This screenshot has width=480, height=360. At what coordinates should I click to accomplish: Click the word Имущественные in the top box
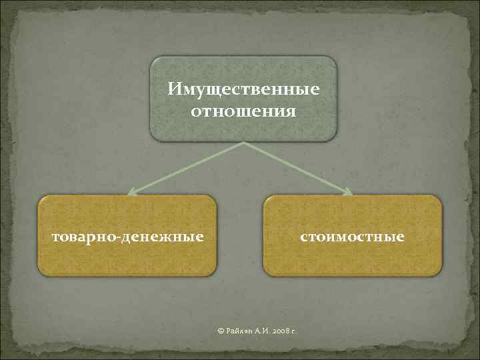[243, 89]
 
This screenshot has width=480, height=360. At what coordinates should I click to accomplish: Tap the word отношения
[243, 109]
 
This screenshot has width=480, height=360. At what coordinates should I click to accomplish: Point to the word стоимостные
[352, 237]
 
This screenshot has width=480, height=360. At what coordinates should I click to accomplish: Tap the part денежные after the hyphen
[163, 237]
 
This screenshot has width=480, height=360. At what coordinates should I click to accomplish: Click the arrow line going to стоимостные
[297, 168]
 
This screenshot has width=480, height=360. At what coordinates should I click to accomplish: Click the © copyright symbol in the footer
[222, 331]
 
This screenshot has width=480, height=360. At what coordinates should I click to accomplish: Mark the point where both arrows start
[243, 143]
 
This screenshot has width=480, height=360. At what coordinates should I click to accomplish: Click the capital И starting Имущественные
[173, 89]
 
